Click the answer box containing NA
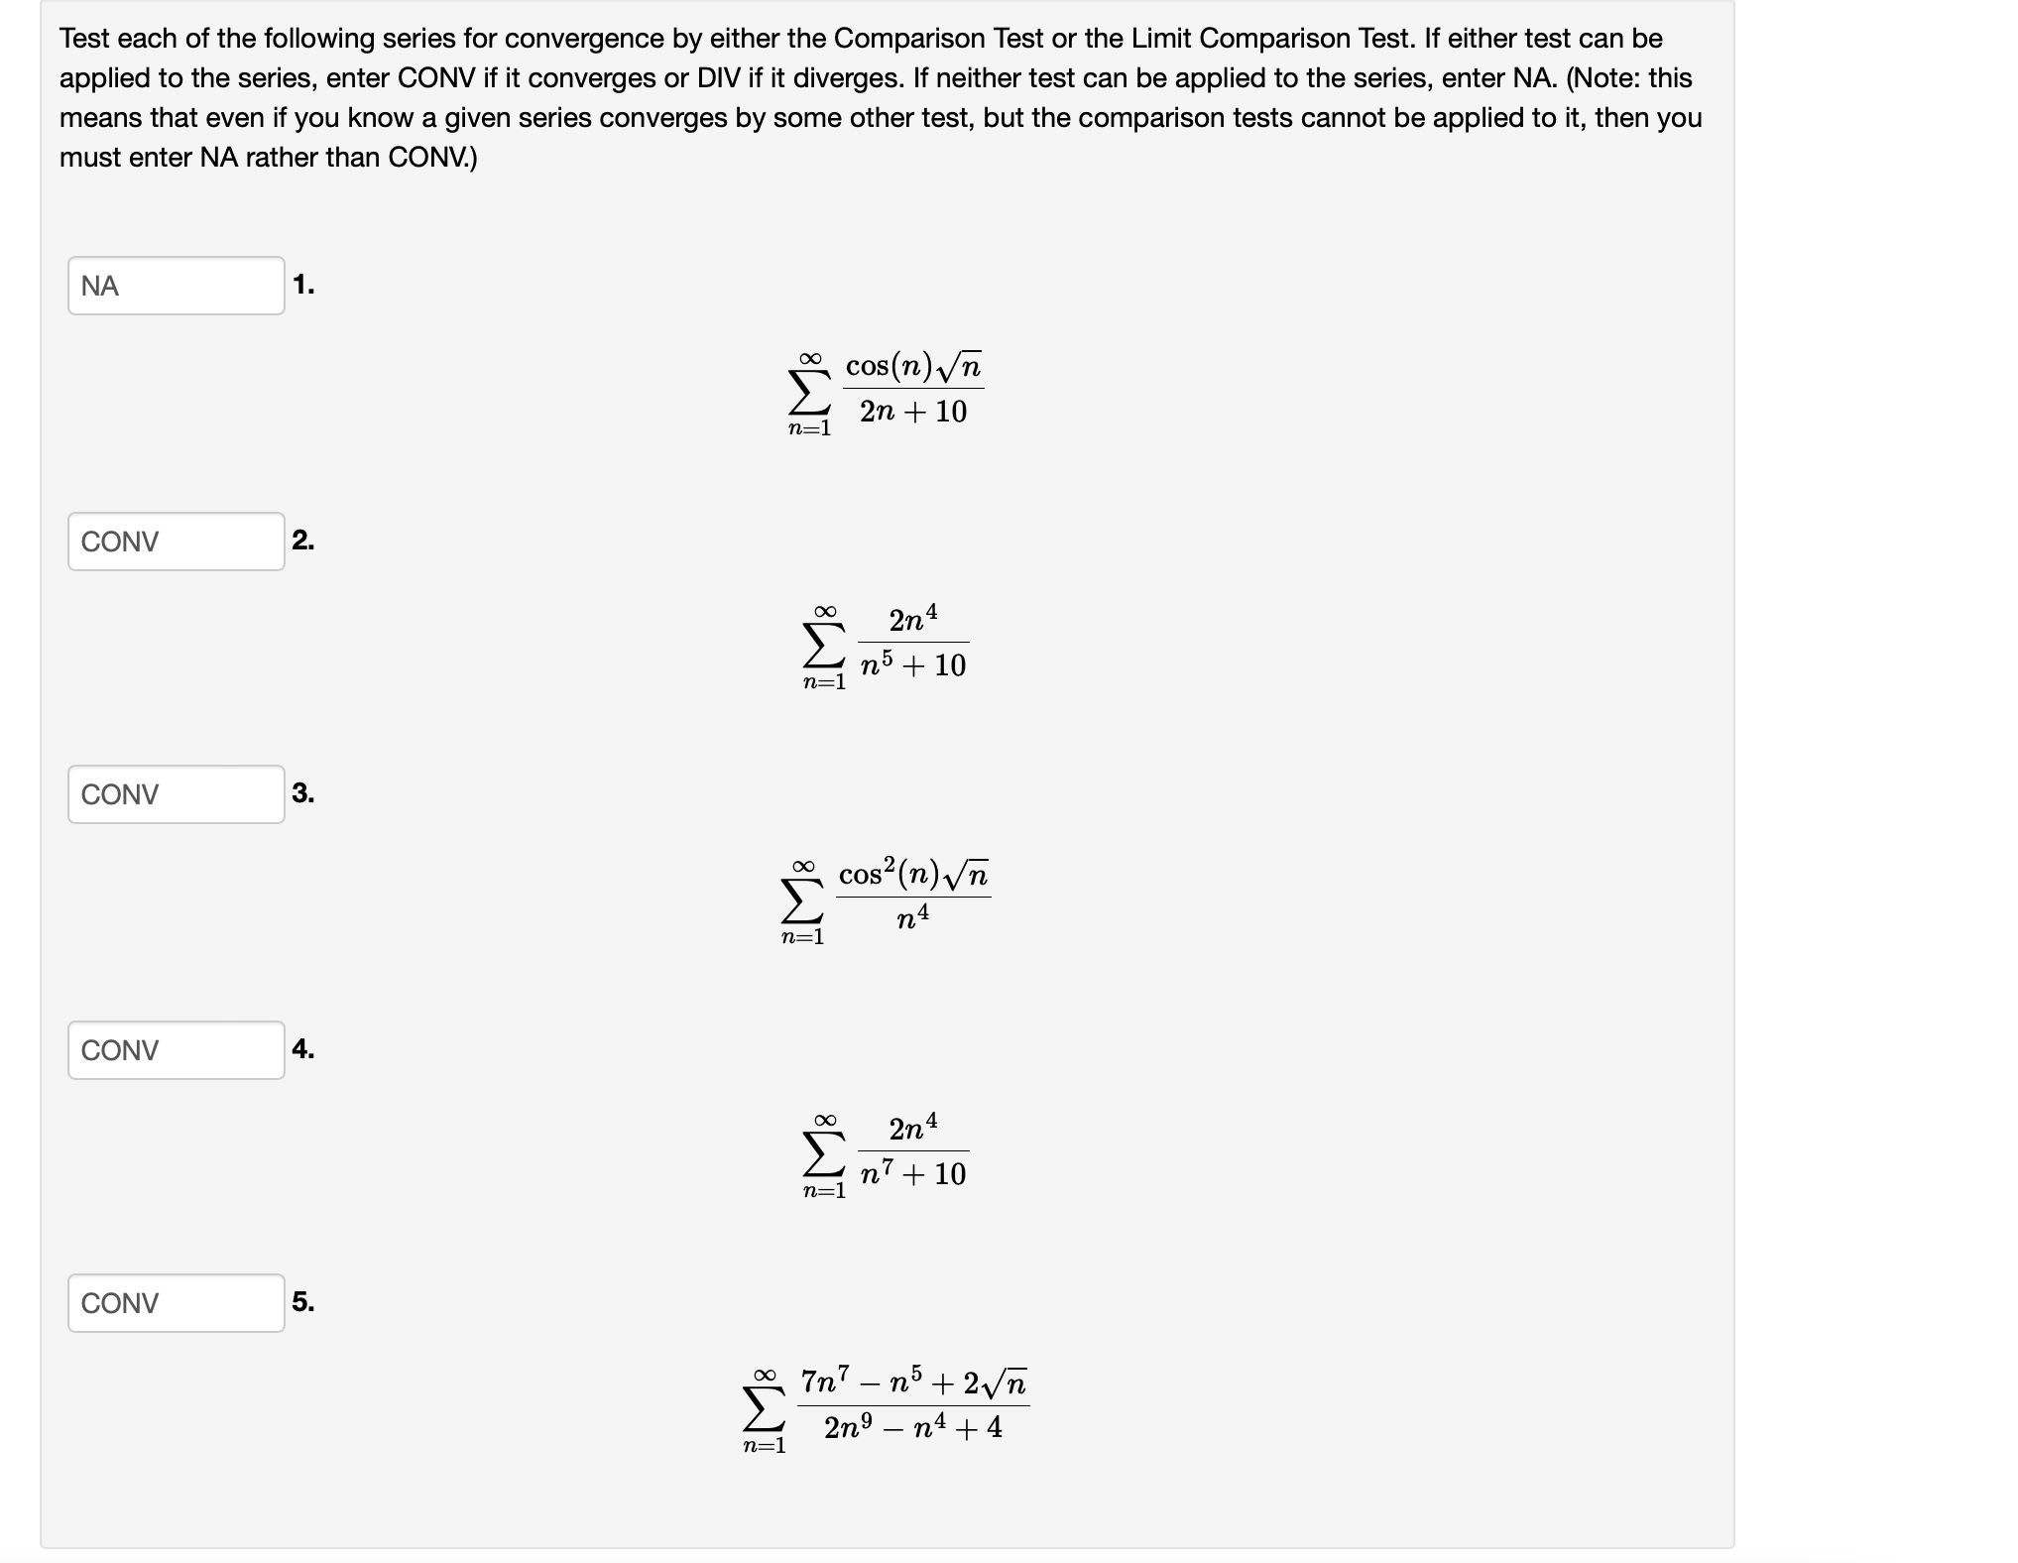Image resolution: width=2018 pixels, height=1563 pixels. (176, 286)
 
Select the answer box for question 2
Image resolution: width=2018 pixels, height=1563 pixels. (176, 541)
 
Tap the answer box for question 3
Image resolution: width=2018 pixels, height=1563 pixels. (176, 794)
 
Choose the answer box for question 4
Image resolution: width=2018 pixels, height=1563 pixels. (176, 1050)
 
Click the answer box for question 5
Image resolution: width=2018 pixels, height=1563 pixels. (176, 1303)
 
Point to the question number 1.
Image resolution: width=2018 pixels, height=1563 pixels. (303, 285)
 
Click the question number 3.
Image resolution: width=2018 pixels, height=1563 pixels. (303, 793)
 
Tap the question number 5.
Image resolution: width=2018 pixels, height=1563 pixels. (303, 1301)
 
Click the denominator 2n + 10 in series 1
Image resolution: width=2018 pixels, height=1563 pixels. (913, 412)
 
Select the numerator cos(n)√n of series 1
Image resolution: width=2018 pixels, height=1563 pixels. (913, 367)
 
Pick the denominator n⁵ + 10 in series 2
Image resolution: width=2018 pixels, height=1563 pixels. (913, 665)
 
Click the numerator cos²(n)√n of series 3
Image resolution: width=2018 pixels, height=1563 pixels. (913, 875)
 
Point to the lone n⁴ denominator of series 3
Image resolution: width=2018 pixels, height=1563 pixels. (913, 918)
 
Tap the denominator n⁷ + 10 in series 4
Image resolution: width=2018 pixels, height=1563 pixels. (913, 1174)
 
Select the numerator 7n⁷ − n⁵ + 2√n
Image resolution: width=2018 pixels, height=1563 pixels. (913, 1382)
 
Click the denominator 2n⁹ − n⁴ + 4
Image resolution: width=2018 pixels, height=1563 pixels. (913, 1428)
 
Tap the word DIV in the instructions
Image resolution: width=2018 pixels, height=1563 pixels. (719, 78)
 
